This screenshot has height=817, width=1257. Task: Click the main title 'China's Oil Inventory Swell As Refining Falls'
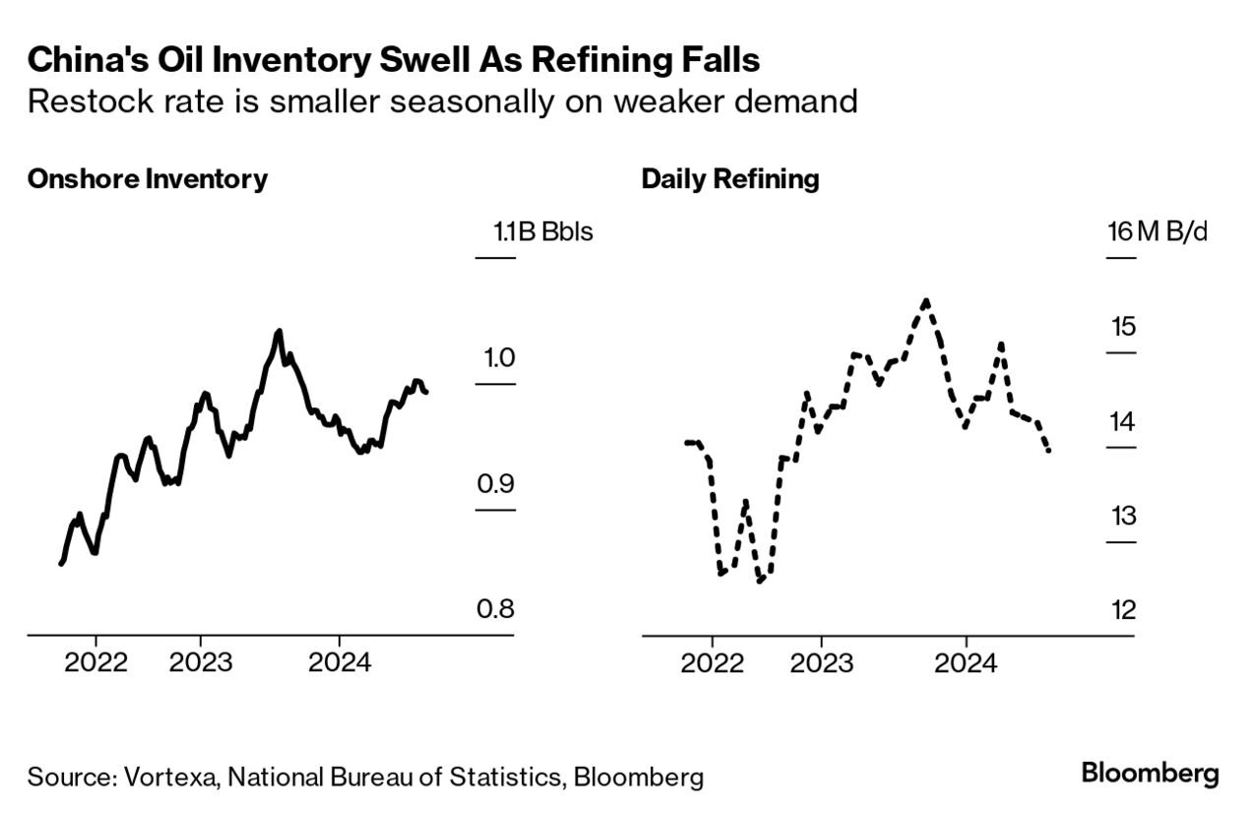394,60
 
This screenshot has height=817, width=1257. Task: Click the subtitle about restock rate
443,101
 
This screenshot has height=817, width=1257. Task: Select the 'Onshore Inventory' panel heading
148,179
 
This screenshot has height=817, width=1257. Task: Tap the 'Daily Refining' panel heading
729,179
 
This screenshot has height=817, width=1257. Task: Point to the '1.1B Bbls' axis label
543,233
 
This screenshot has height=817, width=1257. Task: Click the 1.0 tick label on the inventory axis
496,357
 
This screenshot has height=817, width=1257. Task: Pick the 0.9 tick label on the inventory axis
496,483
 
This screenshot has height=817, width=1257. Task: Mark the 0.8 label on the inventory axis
496,609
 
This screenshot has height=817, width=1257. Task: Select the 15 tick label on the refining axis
1122,327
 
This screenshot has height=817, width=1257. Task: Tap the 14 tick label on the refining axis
1122,421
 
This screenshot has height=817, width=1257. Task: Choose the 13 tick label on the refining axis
1122,516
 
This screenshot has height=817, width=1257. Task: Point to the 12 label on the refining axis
1122,610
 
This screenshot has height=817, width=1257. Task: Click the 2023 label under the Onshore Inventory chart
201,661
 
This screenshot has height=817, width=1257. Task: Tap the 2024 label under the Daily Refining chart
966,661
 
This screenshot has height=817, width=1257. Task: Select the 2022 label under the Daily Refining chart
712,661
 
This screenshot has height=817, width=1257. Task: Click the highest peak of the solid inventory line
279,331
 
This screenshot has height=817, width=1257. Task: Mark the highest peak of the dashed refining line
926,300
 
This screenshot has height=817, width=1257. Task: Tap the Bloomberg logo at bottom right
1150,774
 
